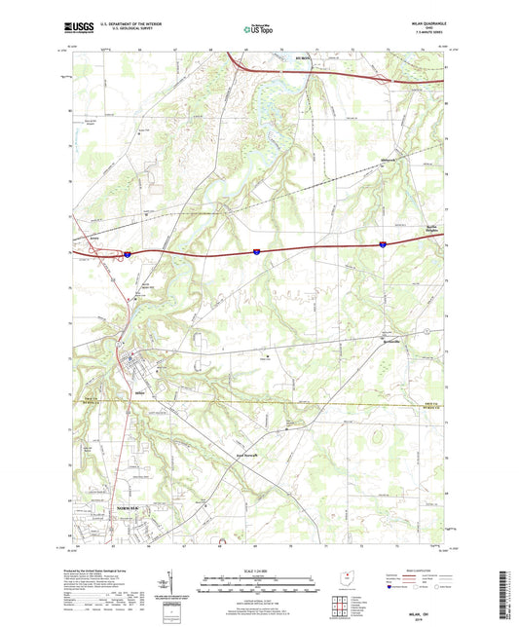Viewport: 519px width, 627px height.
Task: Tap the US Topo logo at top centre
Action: pos(259,30)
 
